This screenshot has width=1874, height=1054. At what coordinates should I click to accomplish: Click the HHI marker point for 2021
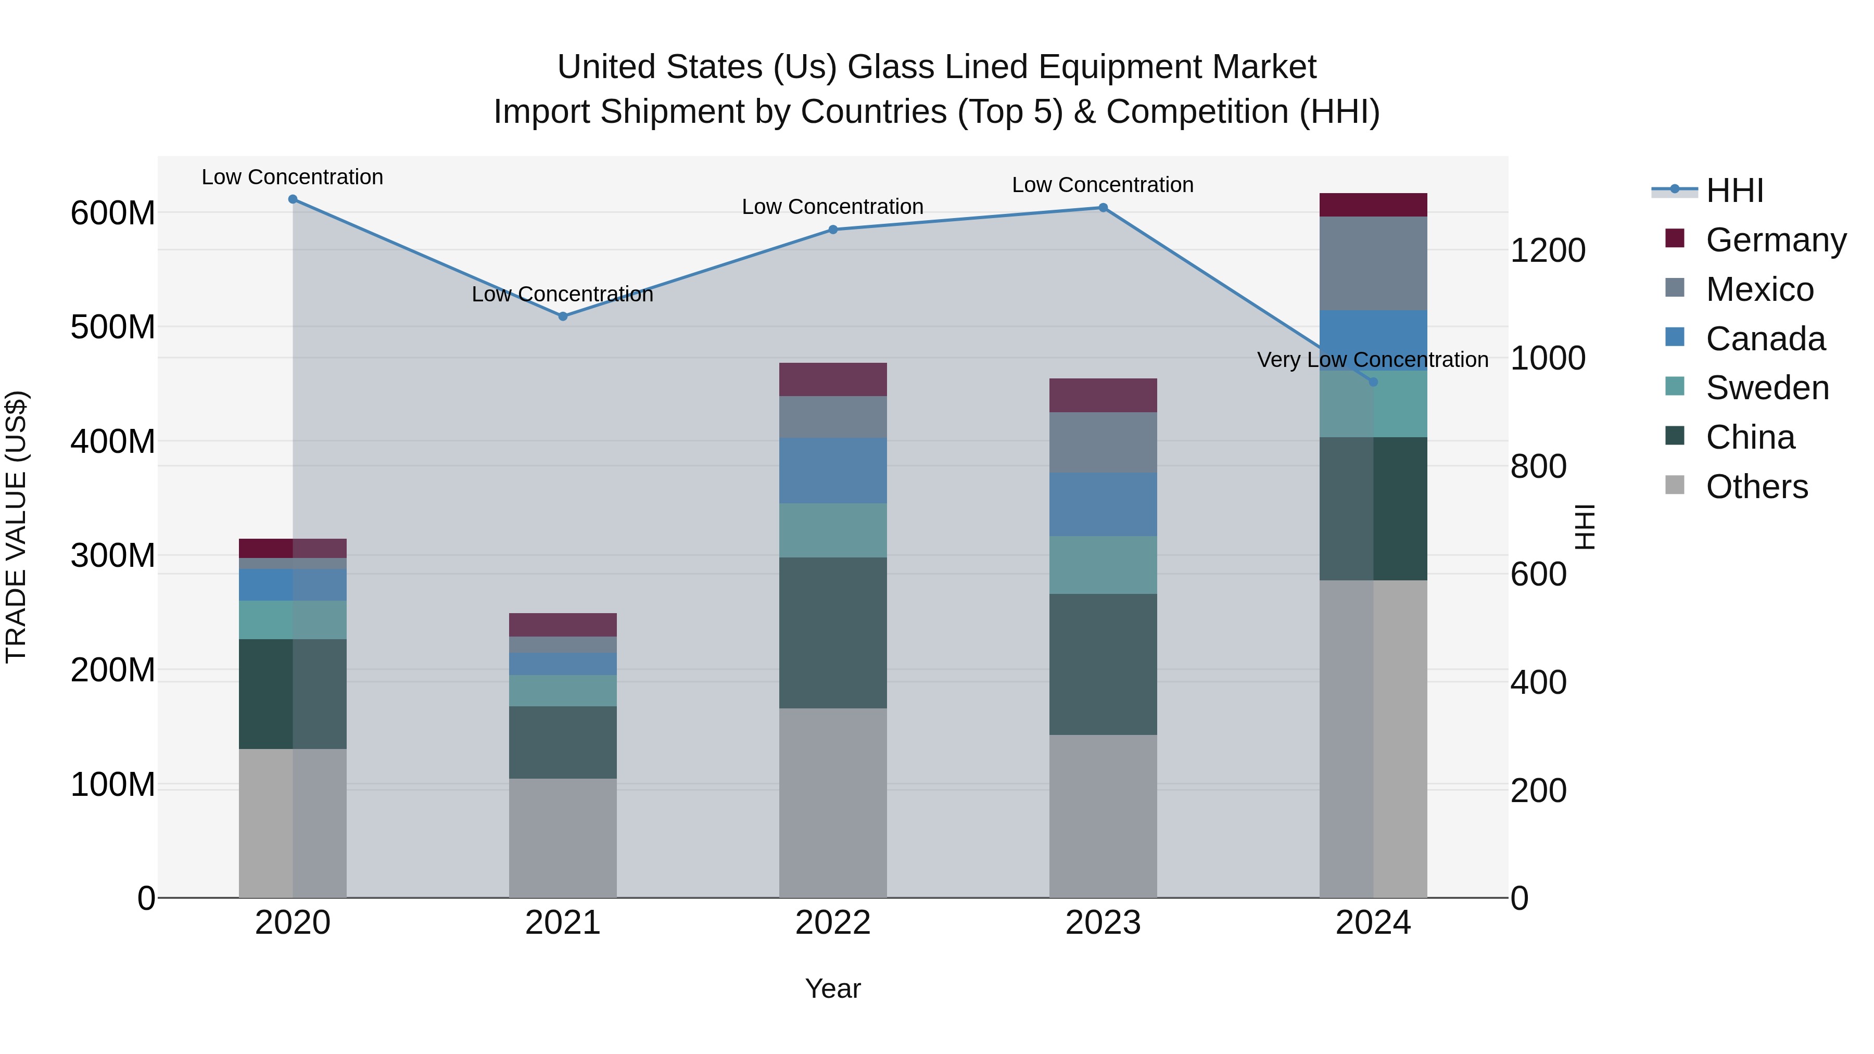click(x=562, y=316)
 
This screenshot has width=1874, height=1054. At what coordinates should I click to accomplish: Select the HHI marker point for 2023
click(x=1103, y=208)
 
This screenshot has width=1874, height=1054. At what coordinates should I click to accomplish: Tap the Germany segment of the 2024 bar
click(x=1373, y=205)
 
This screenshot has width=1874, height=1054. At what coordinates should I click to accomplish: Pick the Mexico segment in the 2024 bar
click(x=1373, y=263)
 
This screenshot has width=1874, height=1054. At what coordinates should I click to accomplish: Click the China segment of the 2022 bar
click(x=833, y=633)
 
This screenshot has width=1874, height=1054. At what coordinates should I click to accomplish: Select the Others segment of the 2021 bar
click(x=562, y=838)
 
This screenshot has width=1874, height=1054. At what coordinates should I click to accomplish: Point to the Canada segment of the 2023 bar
click(x=1103, y=505)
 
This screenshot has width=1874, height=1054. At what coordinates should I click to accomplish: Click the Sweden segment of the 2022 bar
click(x=833, y=530)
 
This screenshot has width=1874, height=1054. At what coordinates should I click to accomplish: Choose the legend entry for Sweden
click(x=1766, y=388)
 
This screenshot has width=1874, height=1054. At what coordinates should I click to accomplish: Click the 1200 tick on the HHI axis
click(x=1548, y=251)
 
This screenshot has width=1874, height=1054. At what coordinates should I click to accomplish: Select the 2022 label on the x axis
click(x=833, y=923)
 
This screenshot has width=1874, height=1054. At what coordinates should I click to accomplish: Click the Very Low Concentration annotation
click(x=1373, y=360)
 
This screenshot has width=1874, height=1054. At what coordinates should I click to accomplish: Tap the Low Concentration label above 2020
click(x=293, y=177)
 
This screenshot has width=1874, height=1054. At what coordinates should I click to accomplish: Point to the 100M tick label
click(x=113, y=785)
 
